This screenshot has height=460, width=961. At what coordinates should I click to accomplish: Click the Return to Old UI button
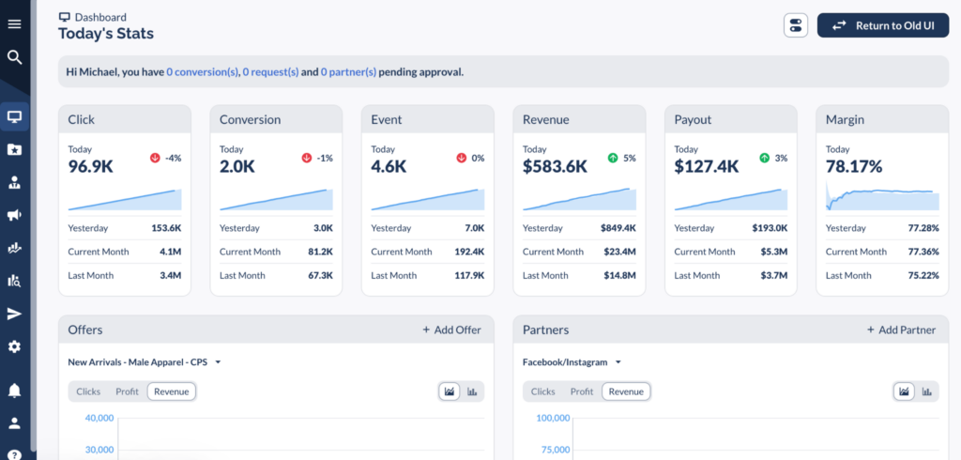pos(882,25)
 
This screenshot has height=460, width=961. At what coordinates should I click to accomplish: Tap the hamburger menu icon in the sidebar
pos(14,24)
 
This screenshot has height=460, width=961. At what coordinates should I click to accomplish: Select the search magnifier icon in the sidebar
pos(14,57)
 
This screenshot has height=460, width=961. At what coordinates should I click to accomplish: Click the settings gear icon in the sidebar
pos(14,346)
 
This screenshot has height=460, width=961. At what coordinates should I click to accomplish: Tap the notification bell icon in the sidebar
pos(14,390)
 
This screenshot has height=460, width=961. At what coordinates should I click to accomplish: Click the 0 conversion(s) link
pos(202,71)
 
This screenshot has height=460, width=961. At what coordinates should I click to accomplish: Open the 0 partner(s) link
pos(348,71)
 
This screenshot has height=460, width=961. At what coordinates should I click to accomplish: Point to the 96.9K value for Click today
pos(92,167)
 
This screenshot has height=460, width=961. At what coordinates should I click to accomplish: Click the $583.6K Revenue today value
pos(555,167)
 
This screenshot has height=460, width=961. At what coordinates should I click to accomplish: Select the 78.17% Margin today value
pos(854,167)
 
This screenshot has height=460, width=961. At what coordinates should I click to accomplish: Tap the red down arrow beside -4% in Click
pos(155,158)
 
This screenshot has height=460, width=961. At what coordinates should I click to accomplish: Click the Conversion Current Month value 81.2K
pos(315,252)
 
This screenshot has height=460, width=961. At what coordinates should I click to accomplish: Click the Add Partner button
pos(901,330)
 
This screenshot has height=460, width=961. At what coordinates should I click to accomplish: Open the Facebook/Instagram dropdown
pos(572,361)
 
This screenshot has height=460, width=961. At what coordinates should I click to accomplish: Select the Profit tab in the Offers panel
pos(127,391)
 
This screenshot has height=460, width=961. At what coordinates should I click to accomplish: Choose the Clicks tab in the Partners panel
pos(542,391)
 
